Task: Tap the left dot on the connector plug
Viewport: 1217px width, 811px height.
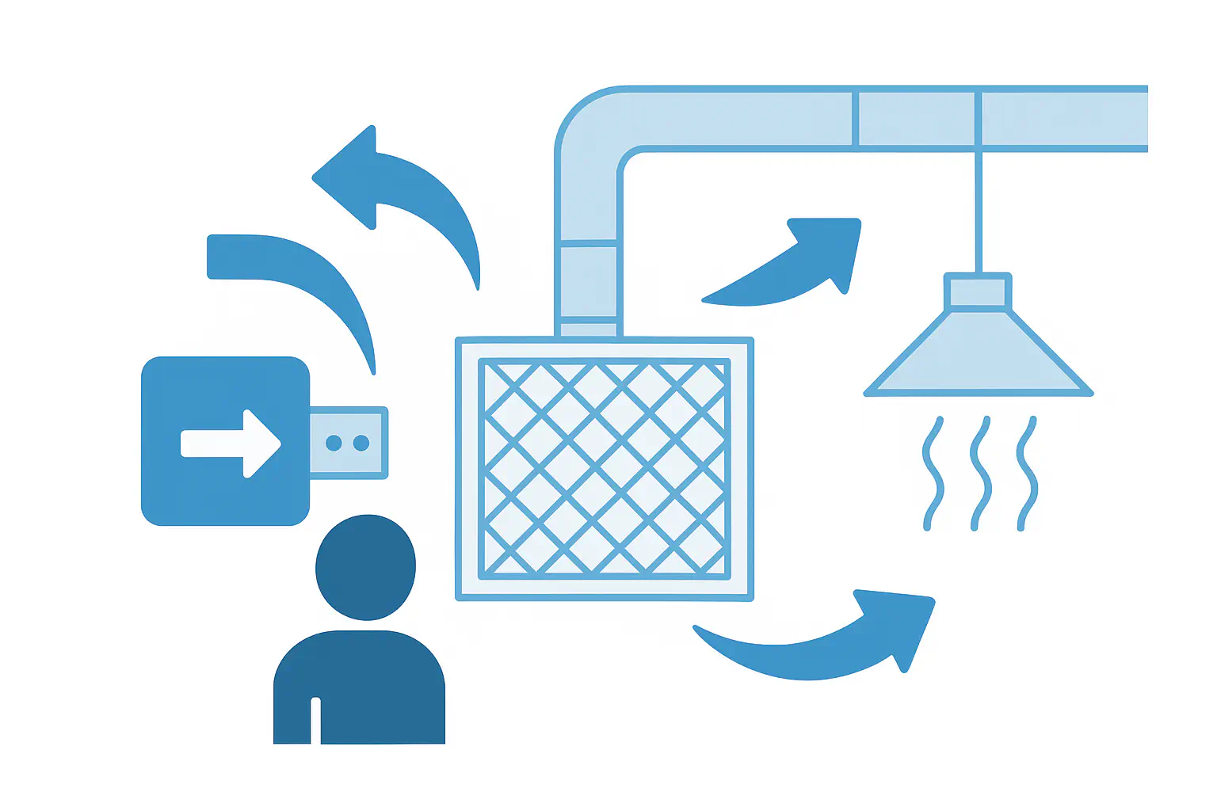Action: pos(334,444)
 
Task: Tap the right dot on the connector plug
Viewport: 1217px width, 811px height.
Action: pos(361,444)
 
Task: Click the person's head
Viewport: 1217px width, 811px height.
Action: pos(365,567)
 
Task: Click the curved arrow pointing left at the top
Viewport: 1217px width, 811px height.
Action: pos(396,190)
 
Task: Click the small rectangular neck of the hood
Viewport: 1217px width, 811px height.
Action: pos(978,291)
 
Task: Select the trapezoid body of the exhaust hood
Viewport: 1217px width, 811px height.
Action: pos(978,356)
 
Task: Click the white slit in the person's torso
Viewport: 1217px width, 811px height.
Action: pos(315,721)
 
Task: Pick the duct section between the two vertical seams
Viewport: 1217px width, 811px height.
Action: pos(916,119)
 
